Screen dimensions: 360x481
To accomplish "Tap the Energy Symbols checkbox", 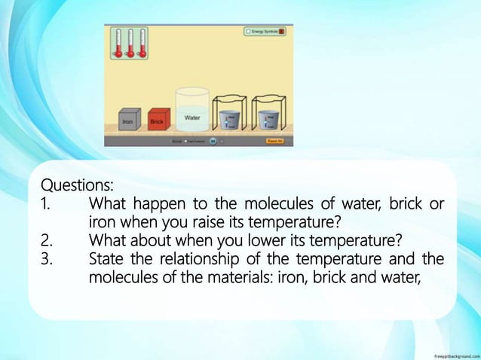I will tap(248, 32).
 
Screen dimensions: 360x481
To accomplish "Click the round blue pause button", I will tap(213, 140).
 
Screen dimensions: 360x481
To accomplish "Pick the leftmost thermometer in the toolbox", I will tap(118, 43).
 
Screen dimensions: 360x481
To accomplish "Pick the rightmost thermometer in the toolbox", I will tap(142, 43).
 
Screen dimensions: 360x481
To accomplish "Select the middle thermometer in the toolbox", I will tap(130, 43).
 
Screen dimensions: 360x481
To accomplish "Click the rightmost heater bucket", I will tap(267, 119).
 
